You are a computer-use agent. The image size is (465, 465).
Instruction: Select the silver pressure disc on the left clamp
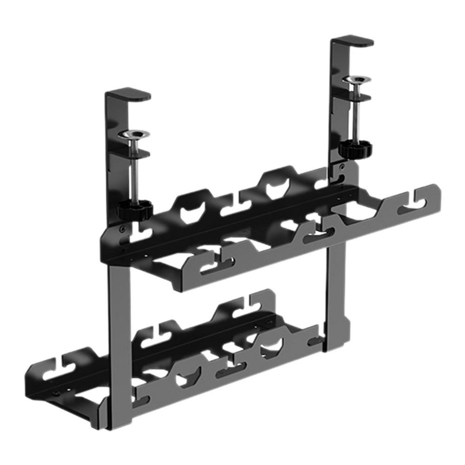point(134,135)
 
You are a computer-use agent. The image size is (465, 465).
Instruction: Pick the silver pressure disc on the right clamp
point(357,80)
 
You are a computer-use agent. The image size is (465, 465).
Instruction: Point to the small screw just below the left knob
point(122,228)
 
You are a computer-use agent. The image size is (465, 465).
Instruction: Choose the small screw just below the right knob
point(343,167)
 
